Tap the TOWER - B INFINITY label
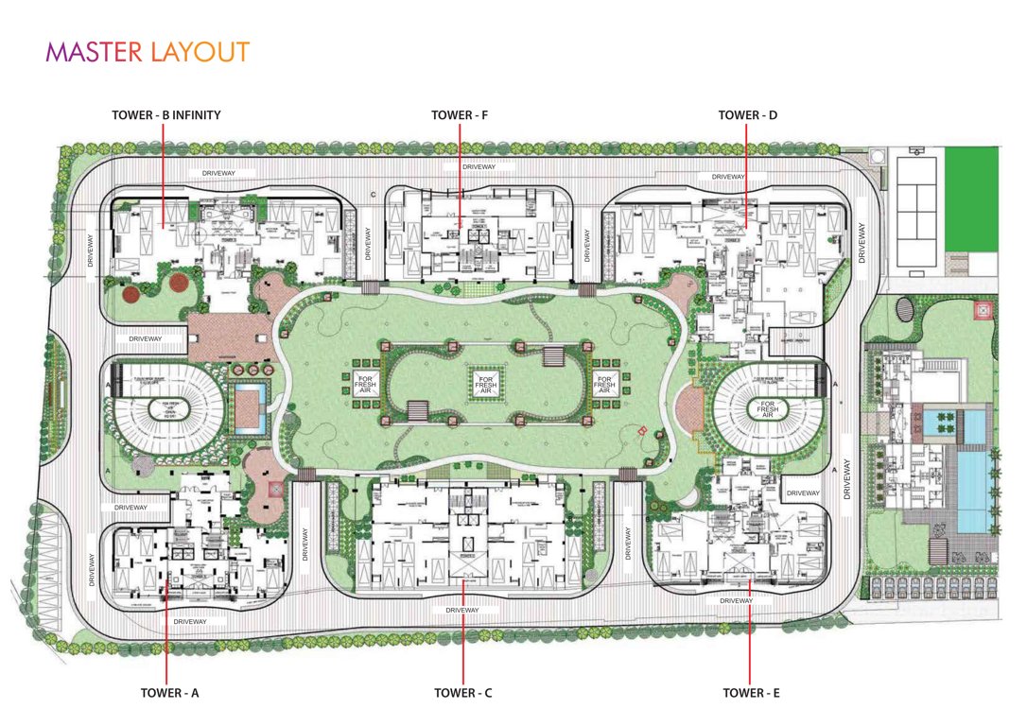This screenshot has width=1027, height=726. (165, 115)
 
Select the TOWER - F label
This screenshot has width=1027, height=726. (460, 115)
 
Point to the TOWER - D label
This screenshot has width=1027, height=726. (747, 115)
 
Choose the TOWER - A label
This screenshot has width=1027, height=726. (169, 693)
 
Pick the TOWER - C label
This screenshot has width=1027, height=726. (463, 693)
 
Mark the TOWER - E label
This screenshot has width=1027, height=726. (751, 693)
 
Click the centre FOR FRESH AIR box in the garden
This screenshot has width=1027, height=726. (485, 383)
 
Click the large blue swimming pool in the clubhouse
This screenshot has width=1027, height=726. (964, 490)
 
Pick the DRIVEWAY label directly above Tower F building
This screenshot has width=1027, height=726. (479, 167)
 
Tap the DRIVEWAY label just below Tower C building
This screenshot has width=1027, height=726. (462, 611)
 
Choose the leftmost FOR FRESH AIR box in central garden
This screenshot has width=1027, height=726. (365, 384)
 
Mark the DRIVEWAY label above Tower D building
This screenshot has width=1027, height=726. (728, 177)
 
